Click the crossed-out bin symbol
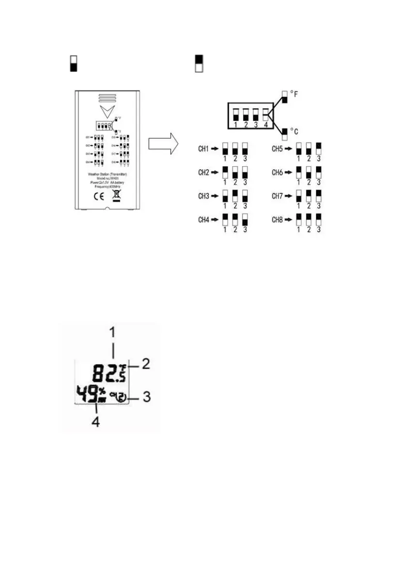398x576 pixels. pos(116,196)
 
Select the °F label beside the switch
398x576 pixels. pos(294,95)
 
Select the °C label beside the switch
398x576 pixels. pos(294,132)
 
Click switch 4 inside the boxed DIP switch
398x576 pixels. pos(265,115)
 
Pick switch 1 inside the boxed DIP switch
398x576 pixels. pos(236,115)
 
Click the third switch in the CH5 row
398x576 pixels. pos(318,148)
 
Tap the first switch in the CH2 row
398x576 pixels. pos(225,172)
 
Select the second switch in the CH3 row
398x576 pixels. pos(235,195)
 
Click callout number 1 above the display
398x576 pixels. pos(113,333)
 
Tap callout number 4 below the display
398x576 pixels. pos(96,422)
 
